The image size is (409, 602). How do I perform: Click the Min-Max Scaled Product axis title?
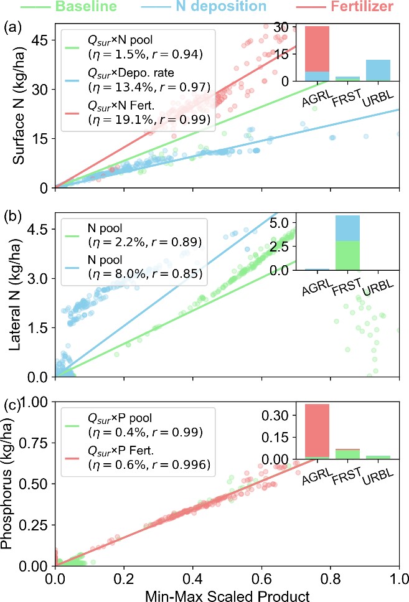[x=227, y=595]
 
